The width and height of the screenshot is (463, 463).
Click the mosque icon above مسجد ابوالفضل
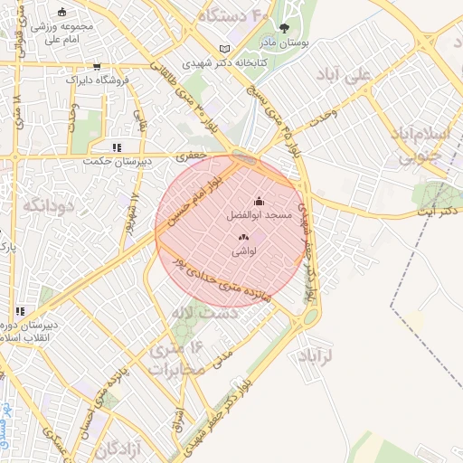pos(259,202)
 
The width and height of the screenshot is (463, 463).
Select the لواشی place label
pos(245,252)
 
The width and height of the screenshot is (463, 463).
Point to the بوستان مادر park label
pos(304,43)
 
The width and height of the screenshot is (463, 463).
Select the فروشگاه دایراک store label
pos(101,80)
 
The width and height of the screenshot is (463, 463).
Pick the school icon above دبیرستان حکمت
pos(116,146)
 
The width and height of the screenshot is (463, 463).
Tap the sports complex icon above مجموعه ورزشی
pos(61,12)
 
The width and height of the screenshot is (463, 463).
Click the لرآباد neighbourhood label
pos(314,355)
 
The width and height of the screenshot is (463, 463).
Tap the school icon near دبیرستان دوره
pos(13,310)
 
